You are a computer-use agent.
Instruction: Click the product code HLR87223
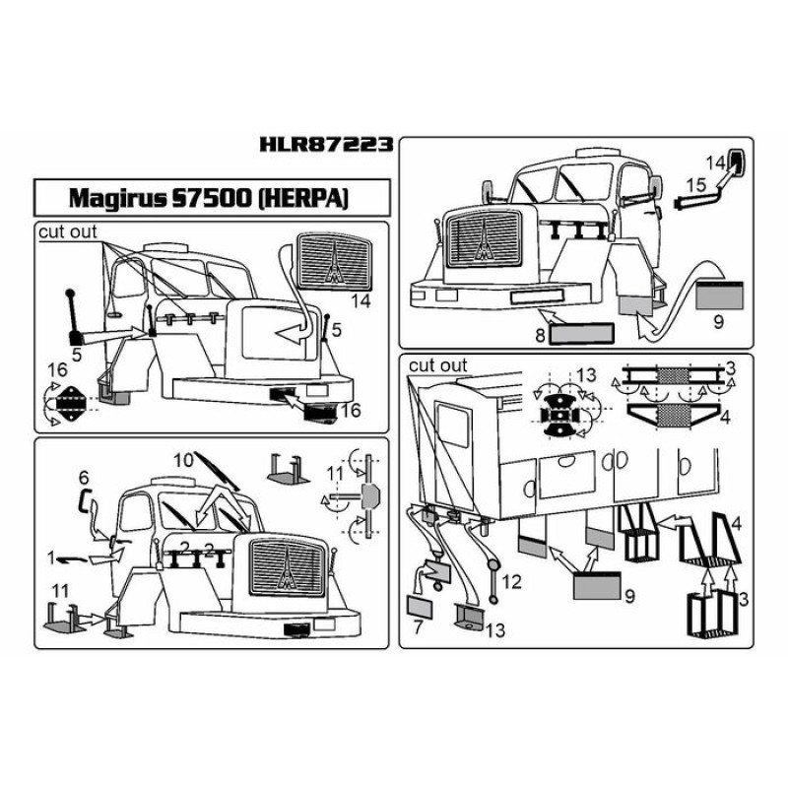pos(328,145)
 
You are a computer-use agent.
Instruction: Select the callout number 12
pos(510,582)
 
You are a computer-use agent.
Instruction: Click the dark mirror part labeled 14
pos(739,162)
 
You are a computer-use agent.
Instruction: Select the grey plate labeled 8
pos(579,334)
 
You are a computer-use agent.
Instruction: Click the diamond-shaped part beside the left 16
pos(70,401)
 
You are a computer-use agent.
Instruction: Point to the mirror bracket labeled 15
pos(701,201)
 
